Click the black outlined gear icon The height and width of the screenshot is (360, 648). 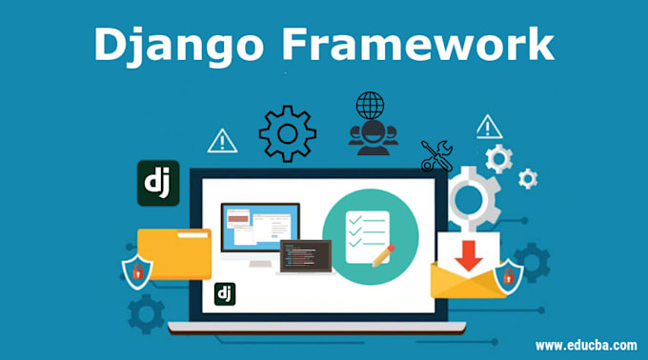click(287, 133)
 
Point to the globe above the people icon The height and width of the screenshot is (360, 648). click(369, 106)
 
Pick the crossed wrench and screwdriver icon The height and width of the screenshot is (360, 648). click(436, 156)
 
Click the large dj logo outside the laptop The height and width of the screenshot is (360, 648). click(158, 184)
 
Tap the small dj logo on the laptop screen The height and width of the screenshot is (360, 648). click(225, 293)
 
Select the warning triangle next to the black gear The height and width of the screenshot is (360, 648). click(222, 142)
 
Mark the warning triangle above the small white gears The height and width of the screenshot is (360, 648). click(489, 127)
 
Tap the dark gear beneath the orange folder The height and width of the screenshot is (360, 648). click(146, 312)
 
